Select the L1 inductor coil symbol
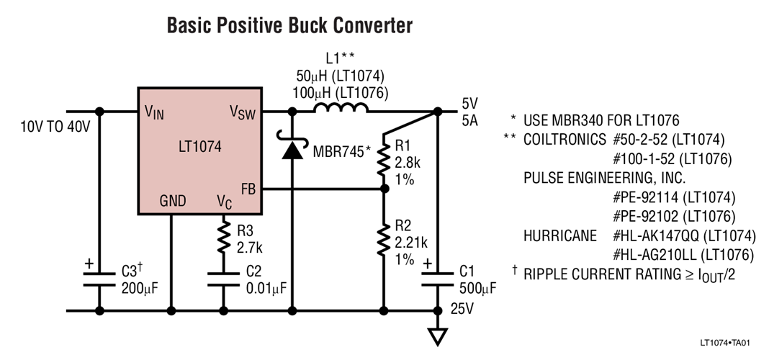(x=341, y=109)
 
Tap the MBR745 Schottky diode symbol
(x=292, y=150)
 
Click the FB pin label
(x=248, y=189)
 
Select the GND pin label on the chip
(x=172, y=200)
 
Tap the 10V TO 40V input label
(x=55, y=127)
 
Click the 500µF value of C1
(x=478, y=289)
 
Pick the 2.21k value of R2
(x=412, y=241)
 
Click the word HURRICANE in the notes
(x=559, y=235)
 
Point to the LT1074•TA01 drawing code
(x=731, y=343)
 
